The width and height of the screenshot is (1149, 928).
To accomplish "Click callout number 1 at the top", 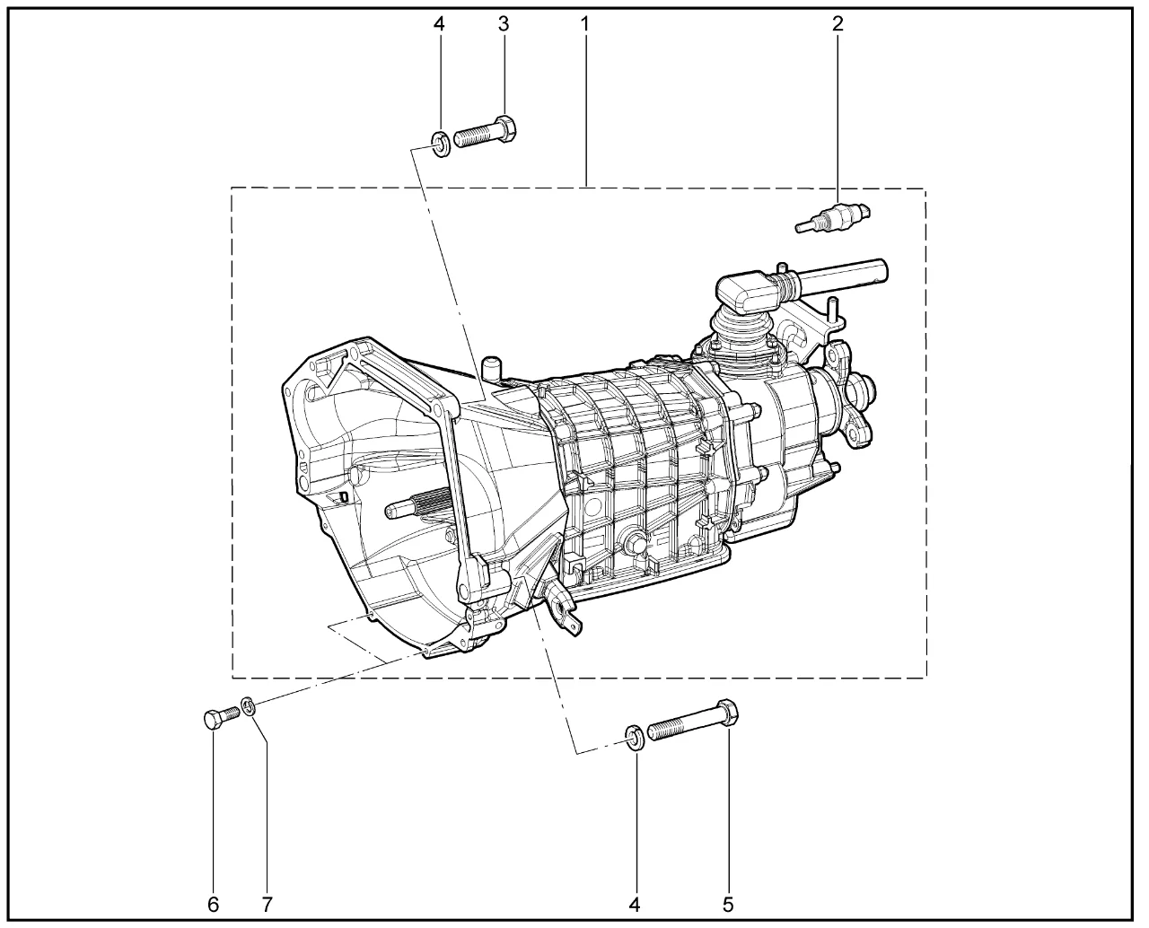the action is click(x=584, y=23).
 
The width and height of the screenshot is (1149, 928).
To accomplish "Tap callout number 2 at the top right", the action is click(x=838, y=23).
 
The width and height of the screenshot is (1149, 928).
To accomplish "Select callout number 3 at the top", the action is click(x=504, y=23).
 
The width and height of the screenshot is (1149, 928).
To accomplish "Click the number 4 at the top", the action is click(x=439, y=23).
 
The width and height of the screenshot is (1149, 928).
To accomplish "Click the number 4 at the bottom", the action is click(x=635, y=905).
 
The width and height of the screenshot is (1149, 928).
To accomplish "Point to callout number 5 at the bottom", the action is click(x=728, y=905).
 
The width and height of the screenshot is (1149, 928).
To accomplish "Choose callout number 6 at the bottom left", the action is click(x=213, y=905).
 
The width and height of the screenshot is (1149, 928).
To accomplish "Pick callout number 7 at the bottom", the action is click(x=267, y=905).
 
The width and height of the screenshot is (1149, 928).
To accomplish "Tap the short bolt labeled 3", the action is click(x=485, y=131).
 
